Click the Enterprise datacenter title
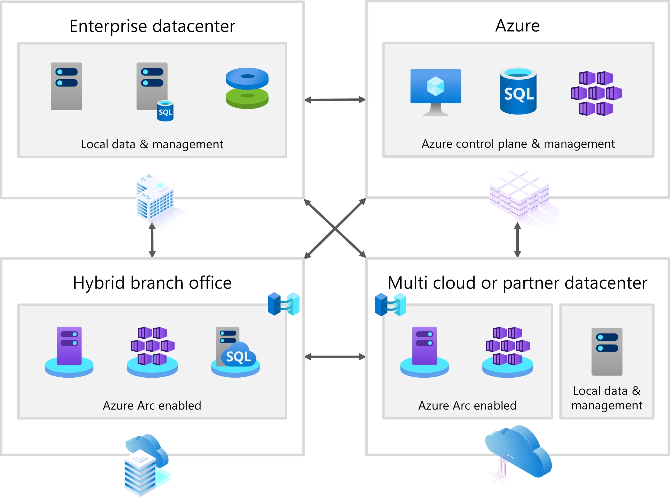point(152,26)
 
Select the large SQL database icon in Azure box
point(518,91)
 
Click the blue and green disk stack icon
point(247,88)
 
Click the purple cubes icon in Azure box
point(596,93)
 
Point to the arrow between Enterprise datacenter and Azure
point(335,100)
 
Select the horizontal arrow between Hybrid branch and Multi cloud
point(335,357)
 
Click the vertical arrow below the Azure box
point(517,240)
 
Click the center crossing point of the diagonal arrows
point(335,229)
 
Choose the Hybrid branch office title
point(152,283)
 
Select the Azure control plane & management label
point(518,144)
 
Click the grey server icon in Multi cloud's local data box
point(607,351)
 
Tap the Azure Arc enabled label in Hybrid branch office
point(152,406)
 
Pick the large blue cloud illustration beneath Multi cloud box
point(519,451)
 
